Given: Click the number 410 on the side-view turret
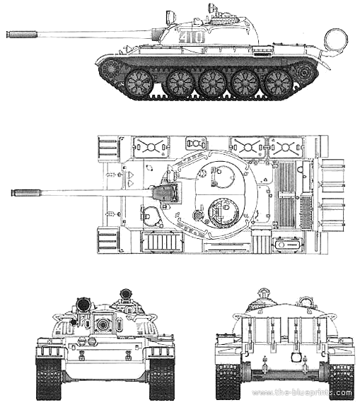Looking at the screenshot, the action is (x=192, y=37).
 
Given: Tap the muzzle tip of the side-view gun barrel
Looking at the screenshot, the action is (x=7, y=35).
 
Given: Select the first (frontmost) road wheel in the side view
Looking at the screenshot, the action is (x=139, y=83).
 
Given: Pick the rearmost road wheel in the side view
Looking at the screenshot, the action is (x=279, y=83).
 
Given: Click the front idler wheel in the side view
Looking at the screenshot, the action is (x=110, y=69).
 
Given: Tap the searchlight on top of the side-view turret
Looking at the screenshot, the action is (x=170, y=16).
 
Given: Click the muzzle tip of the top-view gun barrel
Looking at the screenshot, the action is (x=13, y=193).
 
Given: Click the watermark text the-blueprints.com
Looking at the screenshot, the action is (x=302, y=392).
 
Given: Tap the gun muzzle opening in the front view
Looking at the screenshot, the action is (x=103, y=324).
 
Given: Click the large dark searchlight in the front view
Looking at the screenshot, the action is (x=83, y=304).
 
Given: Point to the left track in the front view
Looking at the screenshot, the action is (x=49, y=377).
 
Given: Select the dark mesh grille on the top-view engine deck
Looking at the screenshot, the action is (x=306, y=212).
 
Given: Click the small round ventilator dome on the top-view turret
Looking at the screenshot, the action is (x=198, y=215).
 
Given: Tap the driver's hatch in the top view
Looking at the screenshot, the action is (x=150, y=215).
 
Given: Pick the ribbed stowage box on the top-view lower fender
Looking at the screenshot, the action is (x=161, y=242).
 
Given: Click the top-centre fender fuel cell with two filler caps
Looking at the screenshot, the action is (x=196, y=143).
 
